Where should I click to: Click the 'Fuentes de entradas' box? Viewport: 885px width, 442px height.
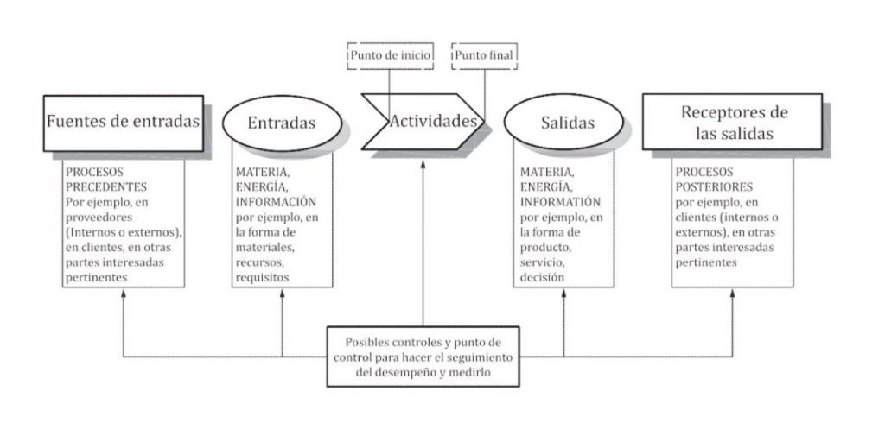coord(124,122)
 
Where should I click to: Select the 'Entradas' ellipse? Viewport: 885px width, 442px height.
coord(281,123)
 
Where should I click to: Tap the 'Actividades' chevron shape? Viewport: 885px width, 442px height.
coord(423,122)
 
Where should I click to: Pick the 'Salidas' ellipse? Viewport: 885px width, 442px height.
coord(562,123)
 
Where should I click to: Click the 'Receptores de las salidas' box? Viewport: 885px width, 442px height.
coord(734,123)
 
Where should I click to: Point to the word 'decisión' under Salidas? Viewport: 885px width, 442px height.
coord(544,278)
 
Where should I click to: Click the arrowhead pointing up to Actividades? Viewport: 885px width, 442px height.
coord(423,161)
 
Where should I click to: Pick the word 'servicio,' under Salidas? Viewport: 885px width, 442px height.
coord(542,262)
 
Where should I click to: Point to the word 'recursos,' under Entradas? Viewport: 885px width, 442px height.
coord(259,262)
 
